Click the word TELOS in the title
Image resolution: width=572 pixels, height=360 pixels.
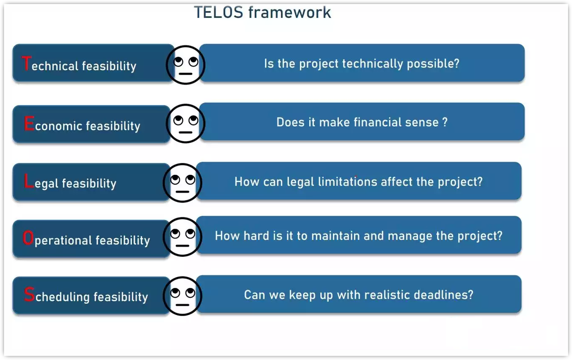point(218,12)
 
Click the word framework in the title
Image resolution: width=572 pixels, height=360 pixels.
point(289,12)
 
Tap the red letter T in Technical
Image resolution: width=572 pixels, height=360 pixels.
point(26,64)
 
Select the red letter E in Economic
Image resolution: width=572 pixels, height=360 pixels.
point(29,124)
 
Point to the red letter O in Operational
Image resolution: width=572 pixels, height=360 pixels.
point(28,239)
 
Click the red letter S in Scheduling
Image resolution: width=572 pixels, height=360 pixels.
point(29,295)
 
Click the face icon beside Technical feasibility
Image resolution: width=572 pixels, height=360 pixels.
point(185,65)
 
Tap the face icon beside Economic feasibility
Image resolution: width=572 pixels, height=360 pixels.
point(185,123)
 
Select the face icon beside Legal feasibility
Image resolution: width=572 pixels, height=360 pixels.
point(182,182)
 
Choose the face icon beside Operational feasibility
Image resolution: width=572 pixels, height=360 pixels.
point(182,237)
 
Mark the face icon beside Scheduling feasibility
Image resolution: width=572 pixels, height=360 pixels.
point(182,296)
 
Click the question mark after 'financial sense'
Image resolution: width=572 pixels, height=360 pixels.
point(445,122)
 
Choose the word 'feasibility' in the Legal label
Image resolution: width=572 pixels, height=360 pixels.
point(89,184)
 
